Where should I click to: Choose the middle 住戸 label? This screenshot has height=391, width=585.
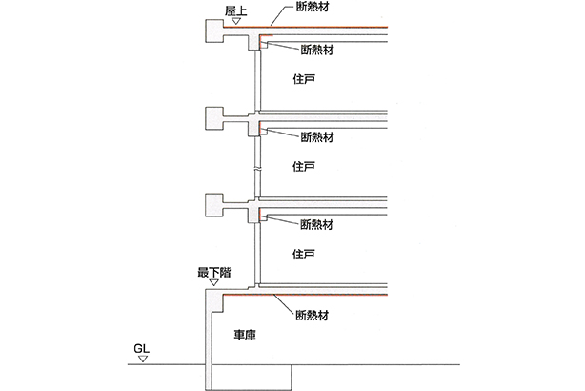(x=304, y=167)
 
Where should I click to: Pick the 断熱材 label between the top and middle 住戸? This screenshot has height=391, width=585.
(x=315, y=135)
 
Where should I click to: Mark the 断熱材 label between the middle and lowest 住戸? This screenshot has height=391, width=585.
(x=315, y=225)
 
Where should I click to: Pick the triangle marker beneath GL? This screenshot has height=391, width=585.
(x=141, y=360)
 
